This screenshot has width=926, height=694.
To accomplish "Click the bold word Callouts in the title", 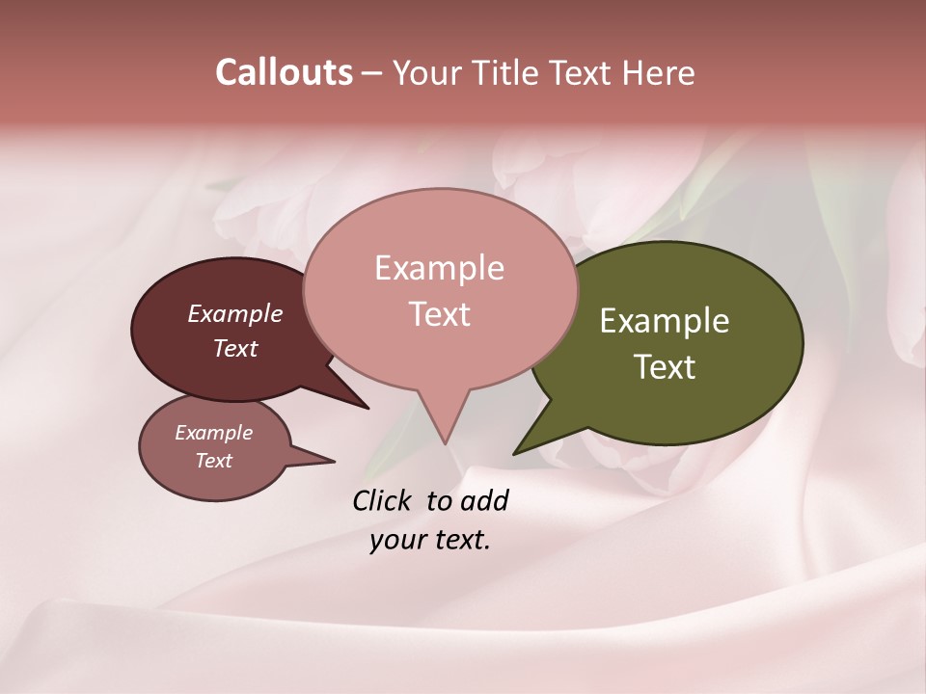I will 284,72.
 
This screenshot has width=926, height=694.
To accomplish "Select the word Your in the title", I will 426,73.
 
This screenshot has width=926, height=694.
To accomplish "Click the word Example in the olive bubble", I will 665,321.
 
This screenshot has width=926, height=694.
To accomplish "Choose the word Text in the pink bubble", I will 440,314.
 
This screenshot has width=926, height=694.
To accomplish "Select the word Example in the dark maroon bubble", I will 235,314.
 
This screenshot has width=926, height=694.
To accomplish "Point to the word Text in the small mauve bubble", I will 213,461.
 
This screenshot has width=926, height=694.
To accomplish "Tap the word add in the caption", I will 484,500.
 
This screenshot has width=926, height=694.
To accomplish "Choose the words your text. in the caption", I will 430,540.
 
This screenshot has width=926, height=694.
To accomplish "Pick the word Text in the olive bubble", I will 666,367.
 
